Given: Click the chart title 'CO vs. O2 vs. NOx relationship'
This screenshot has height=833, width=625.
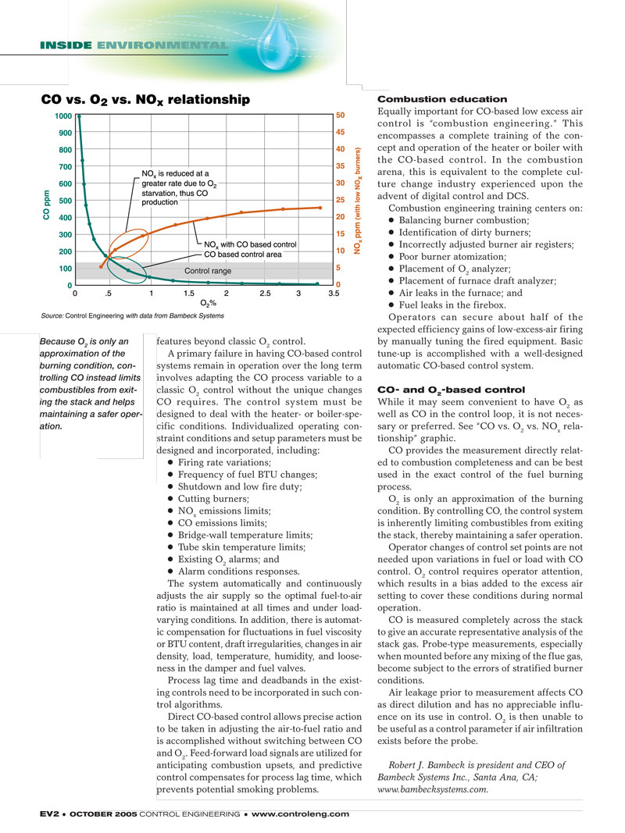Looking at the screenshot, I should (x=145, y=100).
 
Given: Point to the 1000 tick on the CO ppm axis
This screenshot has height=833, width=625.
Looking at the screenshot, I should (x=62, y=116).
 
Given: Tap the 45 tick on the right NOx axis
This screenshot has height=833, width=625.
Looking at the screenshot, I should (x=341, y=132).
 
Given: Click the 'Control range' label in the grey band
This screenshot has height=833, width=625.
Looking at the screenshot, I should (x=207, y=271).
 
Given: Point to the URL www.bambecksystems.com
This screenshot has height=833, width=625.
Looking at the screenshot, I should (x=433, y=789).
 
